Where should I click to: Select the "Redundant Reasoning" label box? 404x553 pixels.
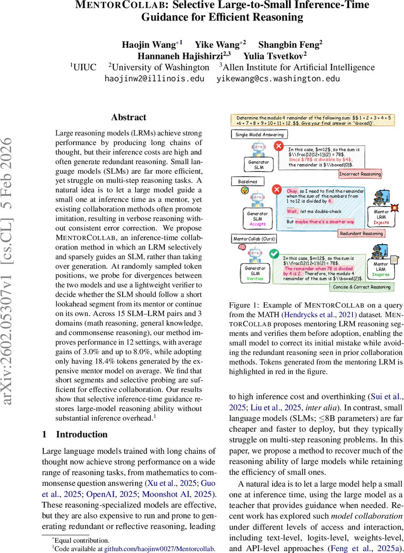point(362,234)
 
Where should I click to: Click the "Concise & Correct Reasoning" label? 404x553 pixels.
point(362,287)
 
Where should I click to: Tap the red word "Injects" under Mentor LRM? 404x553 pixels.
point(381,223)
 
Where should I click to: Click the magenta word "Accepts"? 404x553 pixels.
point(257,224)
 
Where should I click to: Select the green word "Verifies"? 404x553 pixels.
point(255,278)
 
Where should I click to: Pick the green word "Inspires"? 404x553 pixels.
point(380,275)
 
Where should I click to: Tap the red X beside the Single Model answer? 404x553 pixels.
point(279,146)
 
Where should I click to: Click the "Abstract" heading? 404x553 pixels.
point(129,118)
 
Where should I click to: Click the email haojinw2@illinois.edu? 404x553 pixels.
point(154,78)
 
